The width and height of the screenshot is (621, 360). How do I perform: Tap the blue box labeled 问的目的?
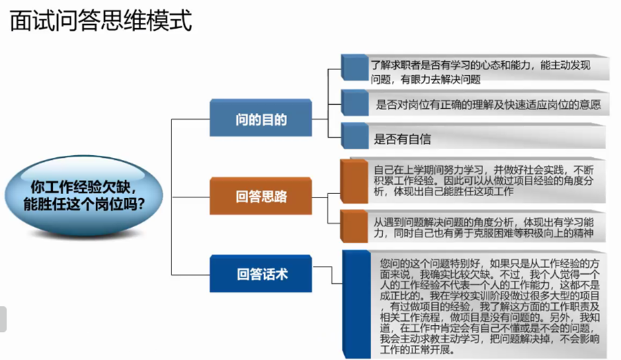coord(261,120)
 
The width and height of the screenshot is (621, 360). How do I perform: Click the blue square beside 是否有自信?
coord(354,136)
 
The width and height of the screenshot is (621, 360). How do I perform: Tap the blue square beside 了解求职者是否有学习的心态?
coord(354,66)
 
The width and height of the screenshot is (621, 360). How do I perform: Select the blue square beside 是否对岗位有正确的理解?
coord(354,102)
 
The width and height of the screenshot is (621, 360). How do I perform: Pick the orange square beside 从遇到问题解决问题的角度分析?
coord(354,226)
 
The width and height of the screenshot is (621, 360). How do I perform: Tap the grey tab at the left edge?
coord(3,318)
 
